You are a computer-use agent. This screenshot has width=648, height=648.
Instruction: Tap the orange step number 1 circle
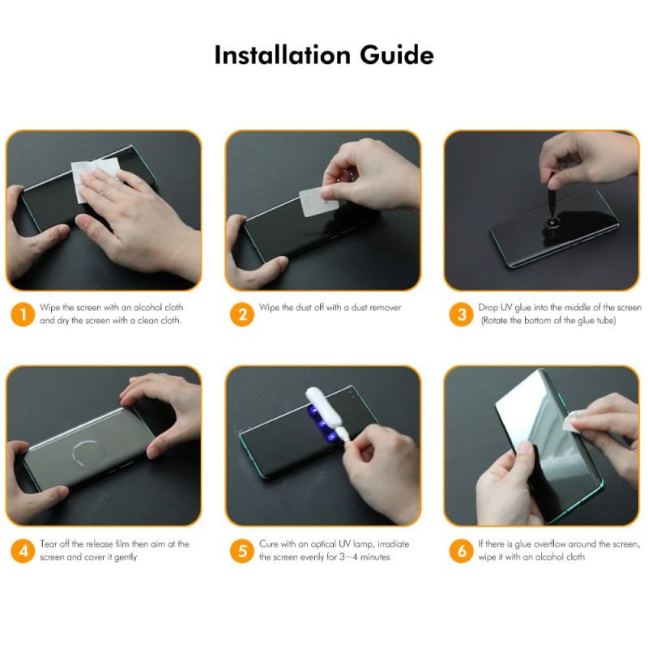pos(23,314)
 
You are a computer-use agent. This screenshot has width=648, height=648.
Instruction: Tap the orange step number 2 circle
pos(241,314)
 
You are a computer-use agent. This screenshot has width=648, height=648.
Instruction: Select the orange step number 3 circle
pos(461,314)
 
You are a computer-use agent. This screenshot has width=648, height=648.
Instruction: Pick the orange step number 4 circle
pos(23,551)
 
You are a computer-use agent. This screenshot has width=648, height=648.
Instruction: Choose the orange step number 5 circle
pos(241,551)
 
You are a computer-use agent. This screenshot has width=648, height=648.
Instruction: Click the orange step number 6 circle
pos(461,551)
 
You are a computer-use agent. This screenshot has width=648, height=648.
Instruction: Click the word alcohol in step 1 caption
pos(144,308)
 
